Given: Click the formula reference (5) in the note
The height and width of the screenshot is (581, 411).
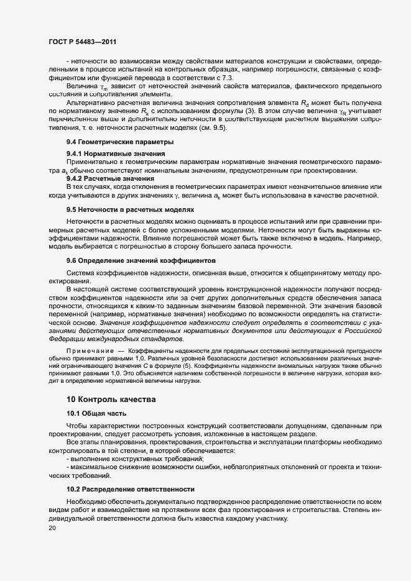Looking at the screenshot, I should tap(178, 367).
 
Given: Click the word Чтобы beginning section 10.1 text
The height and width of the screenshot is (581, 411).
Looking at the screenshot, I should tap(78, 426).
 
